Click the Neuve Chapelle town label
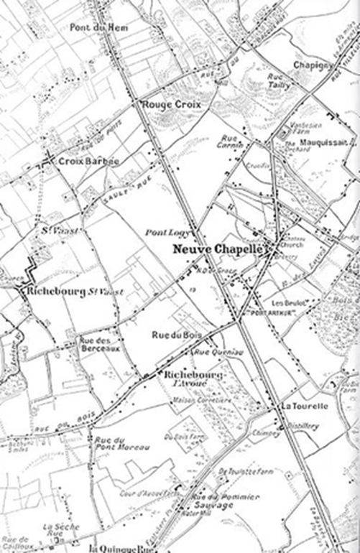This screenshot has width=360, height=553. [219, 250]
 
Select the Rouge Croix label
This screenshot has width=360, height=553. [170, 106]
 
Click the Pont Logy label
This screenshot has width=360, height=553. [162, 233]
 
